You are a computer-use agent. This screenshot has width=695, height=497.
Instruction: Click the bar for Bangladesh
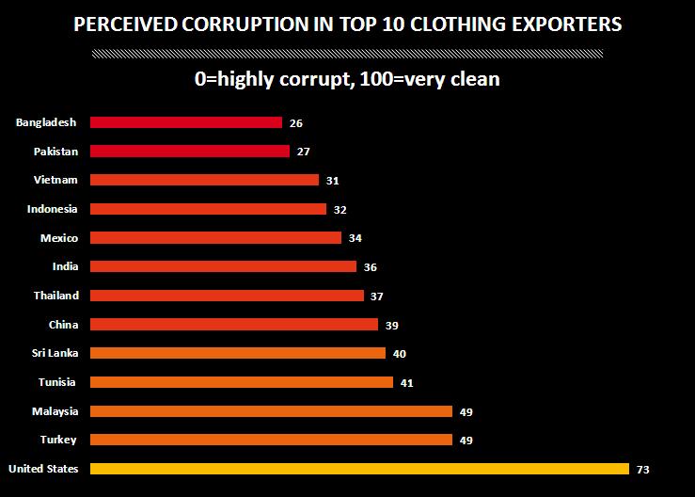186,122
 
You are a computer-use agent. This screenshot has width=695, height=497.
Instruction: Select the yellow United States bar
358,469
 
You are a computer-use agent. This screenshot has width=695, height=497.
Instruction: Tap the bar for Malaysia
271,411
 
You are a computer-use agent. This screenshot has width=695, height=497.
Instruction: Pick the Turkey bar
271,440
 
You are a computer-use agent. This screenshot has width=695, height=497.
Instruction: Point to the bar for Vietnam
204,180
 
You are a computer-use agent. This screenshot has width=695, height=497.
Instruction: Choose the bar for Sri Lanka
238,353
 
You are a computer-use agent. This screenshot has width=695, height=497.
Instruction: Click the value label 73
643,470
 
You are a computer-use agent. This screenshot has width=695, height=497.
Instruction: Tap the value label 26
297,123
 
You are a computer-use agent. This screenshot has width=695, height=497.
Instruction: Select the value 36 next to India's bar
371,267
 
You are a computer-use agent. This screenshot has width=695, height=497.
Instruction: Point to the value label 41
406,383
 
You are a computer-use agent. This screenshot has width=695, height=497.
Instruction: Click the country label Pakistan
55,151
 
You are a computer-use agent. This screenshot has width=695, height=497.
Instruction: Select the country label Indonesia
52,209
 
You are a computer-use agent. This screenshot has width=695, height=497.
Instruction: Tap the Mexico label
58,238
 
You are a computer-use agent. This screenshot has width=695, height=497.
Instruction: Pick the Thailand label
55,296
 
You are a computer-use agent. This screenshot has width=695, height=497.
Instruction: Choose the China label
63,325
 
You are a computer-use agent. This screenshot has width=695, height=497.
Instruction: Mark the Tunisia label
57,382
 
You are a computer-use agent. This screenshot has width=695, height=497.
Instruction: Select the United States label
43,469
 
